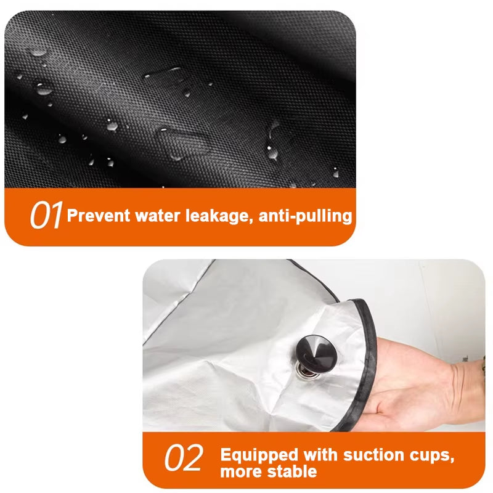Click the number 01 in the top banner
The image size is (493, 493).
tap(47, 216)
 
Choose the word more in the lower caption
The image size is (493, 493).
tap(241, 473)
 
